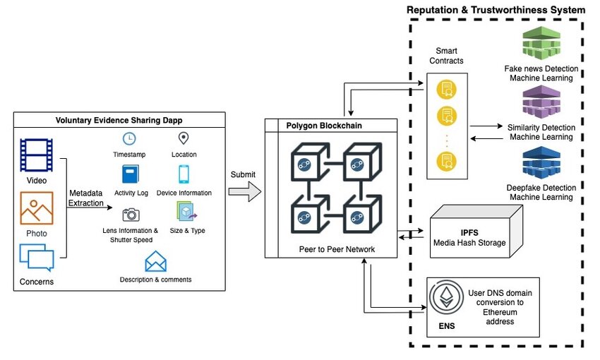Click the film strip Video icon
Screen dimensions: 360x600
tap(35, 155)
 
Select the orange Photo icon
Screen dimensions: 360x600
tap(36, 208)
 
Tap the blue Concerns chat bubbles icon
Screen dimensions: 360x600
tap(36, 258)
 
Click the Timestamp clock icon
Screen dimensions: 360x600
tap(129, 138)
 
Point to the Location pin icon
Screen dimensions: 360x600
tap(184, 138)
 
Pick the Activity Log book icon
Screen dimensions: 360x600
tap(130, 174)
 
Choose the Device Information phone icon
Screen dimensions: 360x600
tap(184, 174)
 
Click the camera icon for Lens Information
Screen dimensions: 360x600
tap(130, 214)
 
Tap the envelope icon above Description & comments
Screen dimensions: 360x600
tap(155, 262)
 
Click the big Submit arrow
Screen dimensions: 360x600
tap(245, 191)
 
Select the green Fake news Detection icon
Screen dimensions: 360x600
tap(541, 44)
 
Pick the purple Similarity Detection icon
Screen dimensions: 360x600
tap(541, 103)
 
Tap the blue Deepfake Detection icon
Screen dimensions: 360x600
tap(541, 164)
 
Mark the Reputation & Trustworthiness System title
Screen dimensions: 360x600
tap(496, 10)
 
